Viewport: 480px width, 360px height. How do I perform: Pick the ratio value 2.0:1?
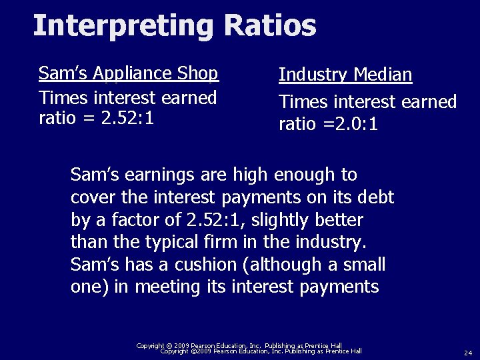351,124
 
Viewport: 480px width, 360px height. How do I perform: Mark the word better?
339,219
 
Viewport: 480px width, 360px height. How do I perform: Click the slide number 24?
467,352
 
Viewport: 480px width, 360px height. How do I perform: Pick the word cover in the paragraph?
91,197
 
